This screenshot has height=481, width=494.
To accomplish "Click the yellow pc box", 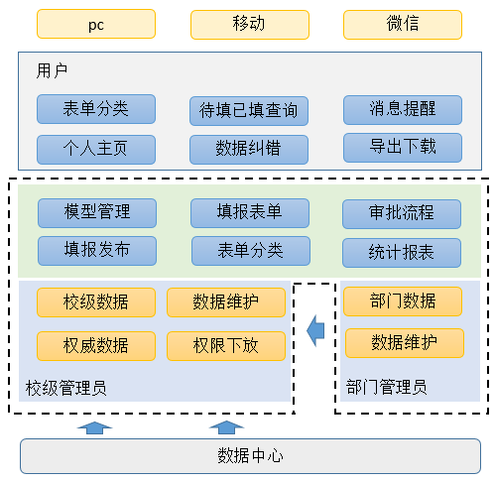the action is point(96,24).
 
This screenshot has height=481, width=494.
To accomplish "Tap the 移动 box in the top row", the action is point(250,25).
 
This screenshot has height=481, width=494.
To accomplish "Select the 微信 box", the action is point(403,25).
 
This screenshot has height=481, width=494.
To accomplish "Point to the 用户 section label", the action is point(52,70).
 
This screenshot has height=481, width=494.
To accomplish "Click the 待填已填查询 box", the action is point(249,111).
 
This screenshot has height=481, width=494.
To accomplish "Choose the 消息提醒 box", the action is point(403,110).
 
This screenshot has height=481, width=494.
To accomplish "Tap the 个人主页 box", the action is point(96,150).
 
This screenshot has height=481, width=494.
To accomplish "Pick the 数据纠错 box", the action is point(249,150).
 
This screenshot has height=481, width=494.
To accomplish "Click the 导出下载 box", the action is point(403,148).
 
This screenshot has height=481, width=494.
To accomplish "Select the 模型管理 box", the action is point(97,213).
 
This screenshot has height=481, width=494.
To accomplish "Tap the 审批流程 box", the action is point(402,214).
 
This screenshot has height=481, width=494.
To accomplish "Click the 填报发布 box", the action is point(97,251).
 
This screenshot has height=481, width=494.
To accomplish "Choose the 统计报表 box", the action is point(402,253).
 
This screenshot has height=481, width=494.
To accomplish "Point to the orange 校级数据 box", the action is point(96,302).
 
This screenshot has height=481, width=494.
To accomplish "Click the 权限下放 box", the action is point(226,346).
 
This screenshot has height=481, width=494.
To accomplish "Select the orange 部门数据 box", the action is point(403,301).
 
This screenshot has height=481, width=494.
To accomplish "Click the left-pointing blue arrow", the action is point(315,330).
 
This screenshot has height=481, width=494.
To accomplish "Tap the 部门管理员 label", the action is point(386,387).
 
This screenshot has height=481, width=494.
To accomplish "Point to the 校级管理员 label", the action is point(65,388).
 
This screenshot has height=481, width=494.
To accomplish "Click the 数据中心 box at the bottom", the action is point(250,456).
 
